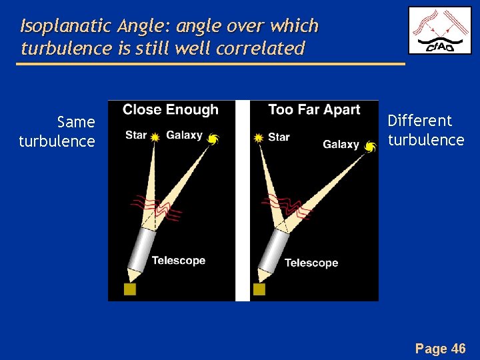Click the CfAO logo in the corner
[440, 31]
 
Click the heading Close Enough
[170, 110]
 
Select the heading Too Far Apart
[314, 110]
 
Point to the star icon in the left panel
[155, 137]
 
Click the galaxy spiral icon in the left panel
[213, 139]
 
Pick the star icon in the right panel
[259, 138]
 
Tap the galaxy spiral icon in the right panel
[370, 146]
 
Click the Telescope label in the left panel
[179, 261]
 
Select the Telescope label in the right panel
[311, 263]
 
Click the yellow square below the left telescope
[129, 289]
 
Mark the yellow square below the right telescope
[259, 289]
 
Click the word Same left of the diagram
[76, 123]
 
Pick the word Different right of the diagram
[420, 121]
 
